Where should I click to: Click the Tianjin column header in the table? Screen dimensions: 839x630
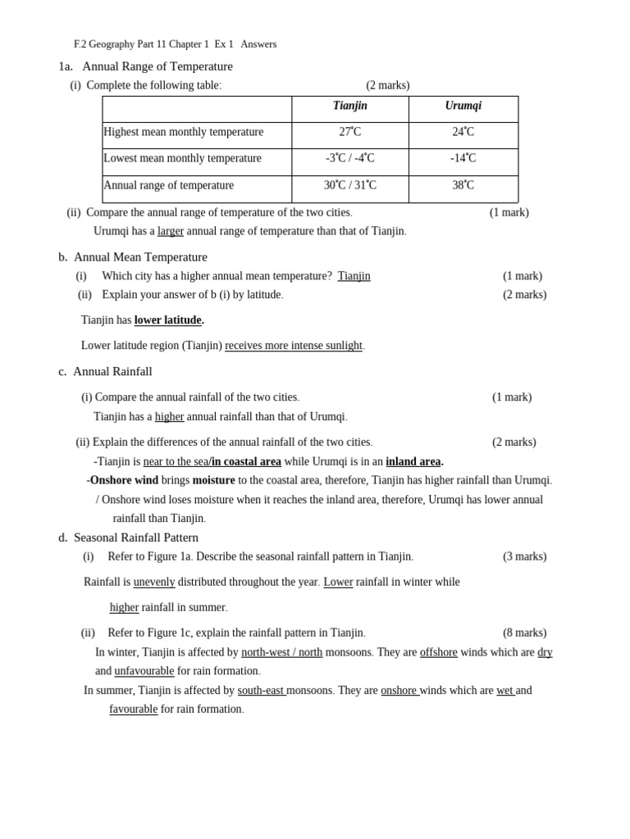349,107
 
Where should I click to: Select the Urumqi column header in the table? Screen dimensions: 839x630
463,107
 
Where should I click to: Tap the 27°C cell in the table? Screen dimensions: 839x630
349,132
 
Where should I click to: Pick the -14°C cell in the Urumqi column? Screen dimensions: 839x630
463,158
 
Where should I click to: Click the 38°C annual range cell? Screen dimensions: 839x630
463,185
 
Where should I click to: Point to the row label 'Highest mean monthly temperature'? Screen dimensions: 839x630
184,132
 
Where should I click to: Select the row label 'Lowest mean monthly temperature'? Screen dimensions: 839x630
182,158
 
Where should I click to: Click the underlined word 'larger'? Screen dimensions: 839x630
171,231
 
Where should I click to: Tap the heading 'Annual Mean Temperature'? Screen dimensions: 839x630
140,257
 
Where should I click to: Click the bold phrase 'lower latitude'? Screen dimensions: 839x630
168,320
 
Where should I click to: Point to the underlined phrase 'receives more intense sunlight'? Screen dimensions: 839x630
294,346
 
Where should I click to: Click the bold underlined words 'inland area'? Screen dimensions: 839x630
413,462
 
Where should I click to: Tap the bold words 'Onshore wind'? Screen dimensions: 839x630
124,480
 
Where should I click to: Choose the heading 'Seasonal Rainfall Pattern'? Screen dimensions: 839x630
136,537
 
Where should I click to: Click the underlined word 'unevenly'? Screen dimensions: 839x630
154,582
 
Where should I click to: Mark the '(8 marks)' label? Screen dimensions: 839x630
524,633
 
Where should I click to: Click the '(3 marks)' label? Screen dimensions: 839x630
524,557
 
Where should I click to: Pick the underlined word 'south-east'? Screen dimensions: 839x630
262,691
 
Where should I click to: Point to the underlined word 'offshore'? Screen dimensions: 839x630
439,652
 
